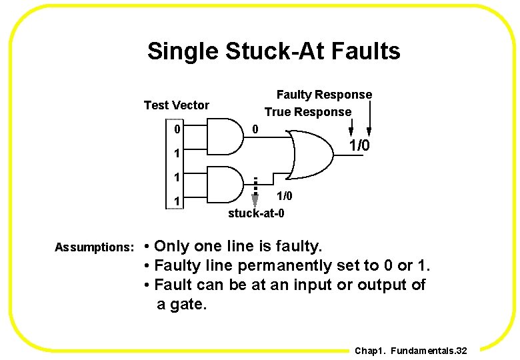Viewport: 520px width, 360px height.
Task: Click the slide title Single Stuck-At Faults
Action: pyautogui.click(x=273, y=51)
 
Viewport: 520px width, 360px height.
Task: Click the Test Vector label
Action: pyautogui.click(x=176, y=105)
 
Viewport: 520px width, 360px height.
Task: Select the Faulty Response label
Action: pyautogui.click(x=324, y=95)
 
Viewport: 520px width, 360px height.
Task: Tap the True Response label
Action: pyautogui.click(x=307, y=112)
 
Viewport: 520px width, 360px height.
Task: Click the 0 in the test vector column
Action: pyautogui.click(x=177, y=129)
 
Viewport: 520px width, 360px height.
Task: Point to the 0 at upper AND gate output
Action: pyautogui.click(x=256, y=129)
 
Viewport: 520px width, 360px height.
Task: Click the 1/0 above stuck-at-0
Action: pyautogui.click(x=284, y=197)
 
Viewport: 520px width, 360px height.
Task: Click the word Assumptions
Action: pyautogui.click(x=95, y=247)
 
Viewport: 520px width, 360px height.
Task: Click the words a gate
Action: pyautogui.click(x=182, y=305)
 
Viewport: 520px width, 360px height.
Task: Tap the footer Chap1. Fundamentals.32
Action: pyautogui.click(x=411, y=351)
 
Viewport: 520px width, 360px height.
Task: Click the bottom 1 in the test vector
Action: pyautogui.click(x=177, y=201)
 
